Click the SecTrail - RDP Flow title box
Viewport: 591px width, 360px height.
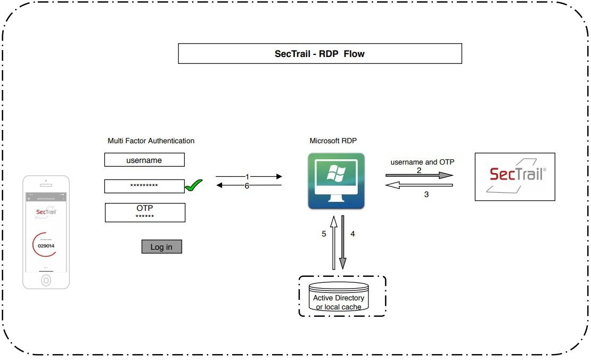319,54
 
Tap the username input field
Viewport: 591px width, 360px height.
144,160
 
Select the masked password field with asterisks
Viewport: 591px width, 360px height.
144,186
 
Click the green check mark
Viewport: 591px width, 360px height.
193,186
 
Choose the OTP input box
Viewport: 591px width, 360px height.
145,212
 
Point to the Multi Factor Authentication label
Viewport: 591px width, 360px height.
151,141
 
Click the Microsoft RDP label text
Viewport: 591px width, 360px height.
333,141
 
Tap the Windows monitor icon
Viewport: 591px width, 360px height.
336,181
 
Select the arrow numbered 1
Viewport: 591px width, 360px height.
248,176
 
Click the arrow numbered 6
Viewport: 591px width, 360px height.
248,185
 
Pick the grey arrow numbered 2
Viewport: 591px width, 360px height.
419,175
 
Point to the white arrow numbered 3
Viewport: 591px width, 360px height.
419,185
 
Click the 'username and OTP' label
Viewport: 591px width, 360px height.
422,162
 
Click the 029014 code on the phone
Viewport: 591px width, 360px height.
46,246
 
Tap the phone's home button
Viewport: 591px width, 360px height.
46,280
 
